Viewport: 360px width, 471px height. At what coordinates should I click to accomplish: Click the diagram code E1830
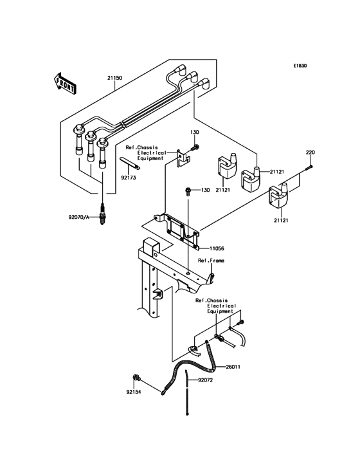click(301, 66)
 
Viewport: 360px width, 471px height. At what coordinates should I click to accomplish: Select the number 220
click(310, 152)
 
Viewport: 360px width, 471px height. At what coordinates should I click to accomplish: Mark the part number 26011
click(233, 367)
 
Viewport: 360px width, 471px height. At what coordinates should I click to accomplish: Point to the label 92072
click(204, 380)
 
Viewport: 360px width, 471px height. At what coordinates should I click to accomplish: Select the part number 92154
click(134, 391)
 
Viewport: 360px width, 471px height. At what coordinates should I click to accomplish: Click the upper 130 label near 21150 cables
click(195, 132)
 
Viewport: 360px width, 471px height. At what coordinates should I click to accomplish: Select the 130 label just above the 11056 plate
click(206, 190)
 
